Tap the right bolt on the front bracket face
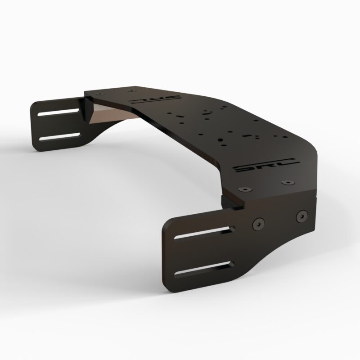tap(300, 216)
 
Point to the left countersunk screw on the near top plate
tap(244, 189)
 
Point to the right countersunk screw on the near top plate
tap(287, 183)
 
